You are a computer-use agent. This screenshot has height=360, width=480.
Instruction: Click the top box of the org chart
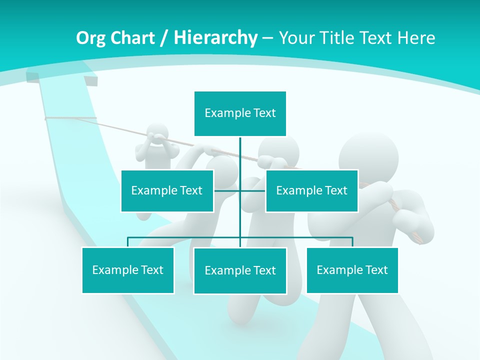(240, 113)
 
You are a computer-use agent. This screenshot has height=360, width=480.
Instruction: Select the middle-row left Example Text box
(167, 190)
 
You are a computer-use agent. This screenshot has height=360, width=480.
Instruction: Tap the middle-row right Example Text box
(311, 190)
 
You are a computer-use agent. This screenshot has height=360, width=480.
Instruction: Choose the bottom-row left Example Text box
(128, 270)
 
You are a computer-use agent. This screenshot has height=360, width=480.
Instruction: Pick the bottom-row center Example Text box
(240, 270)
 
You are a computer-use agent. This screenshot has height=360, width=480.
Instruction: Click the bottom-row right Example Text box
(352, 270)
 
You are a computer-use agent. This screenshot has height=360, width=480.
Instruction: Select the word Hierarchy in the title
(215, 38)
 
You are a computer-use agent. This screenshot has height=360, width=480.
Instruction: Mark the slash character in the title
(164, 38)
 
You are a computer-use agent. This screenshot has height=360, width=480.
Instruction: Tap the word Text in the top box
(264, 113)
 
